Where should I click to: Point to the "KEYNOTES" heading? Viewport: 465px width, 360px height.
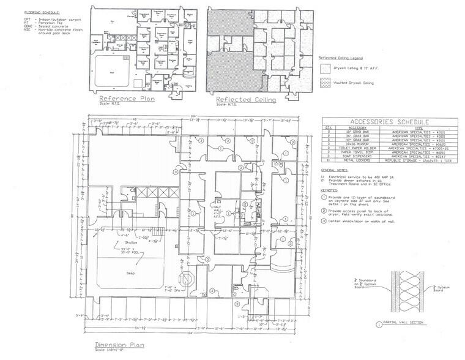331,190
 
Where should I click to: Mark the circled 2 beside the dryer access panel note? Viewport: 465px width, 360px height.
325,210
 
